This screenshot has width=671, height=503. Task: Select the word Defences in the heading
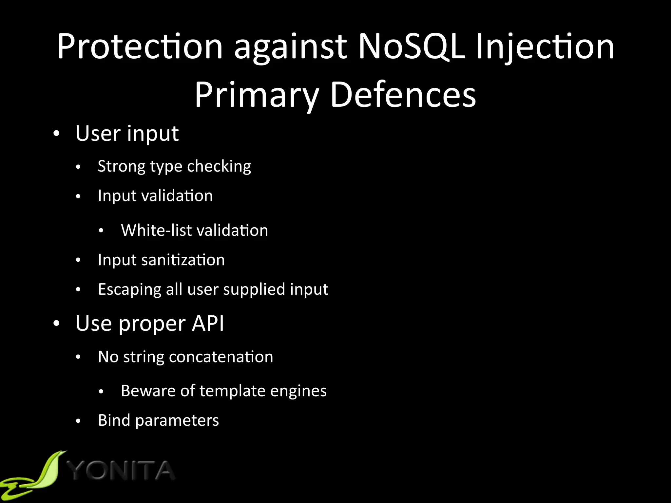[x=403, y=95]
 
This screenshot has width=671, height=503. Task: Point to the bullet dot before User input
[x=57, y=134]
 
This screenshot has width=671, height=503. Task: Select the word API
[x=208, y=324]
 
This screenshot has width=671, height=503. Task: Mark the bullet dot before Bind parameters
[x=78, y=421]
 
